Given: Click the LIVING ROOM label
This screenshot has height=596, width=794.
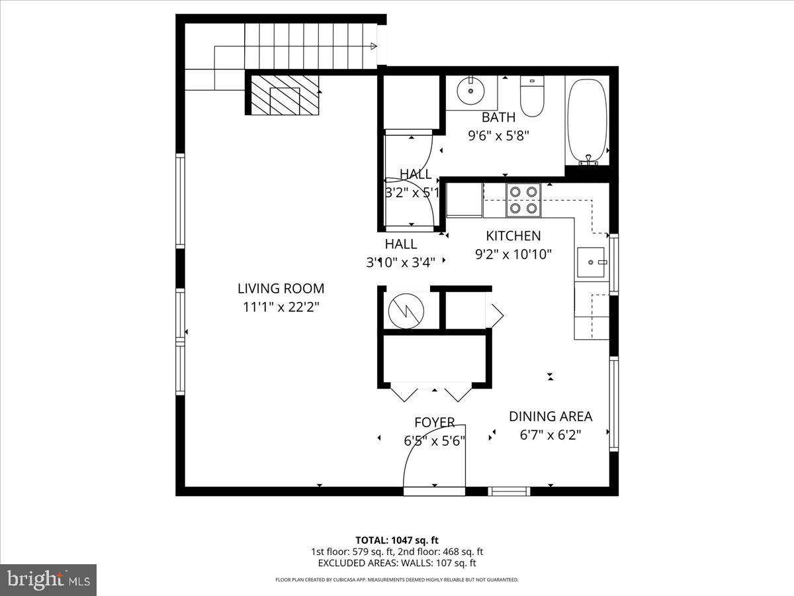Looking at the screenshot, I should click(281, 288).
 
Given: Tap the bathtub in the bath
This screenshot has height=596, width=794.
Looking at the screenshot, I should click(587, 121).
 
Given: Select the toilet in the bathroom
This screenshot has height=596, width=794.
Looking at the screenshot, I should click(531, 97).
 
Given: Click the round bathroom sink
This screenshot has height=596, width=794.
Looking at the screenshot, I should click(470, 91).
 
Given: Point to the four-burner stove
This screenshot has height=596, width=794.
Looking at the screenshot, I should click(523, 200).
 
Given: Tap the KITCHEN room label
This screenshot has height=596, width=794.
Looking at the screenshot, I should click(513, 236).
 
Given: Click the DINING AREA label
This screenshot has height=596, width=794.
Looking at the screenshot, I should click(550, 417).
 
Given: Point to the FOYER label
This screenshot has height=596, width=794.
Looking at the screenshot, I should click(434, 422).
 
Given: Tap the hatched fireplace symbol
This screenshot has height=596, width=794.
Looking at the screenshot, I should click(285, 94).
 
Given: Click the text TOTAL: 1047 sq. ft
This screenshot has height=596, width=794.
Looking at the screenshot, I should click(397, 540).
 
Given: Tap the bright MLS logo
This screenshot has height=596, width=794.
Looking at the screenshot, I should click(48, 580).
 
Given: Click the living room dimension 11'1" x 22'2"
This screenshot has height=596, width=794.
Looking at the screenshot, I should click(281, 307).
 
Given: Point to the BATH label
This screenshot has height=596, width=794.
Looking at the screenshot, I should click(498, 118).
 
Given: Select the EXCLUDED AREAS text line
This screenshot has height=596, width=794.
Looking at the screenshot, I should click(397, 563).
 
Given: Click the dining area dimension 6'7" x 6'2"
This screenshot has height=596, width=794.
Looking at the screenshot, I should click(550, 435).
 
